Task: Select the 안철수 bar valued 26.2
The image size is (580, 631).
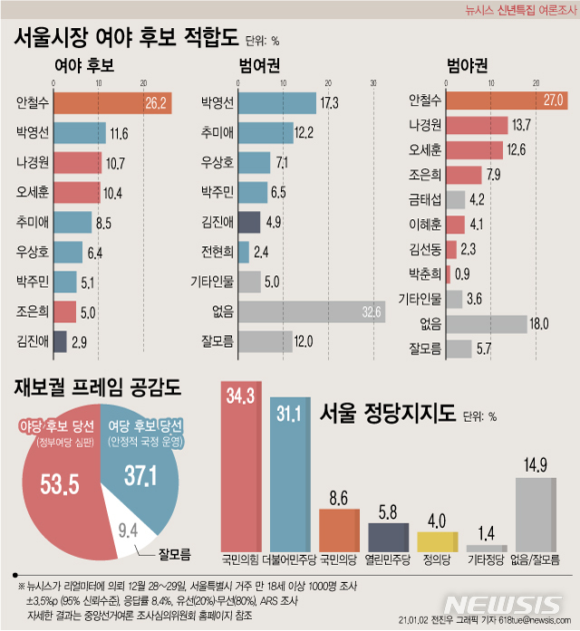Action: [112, 104]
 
